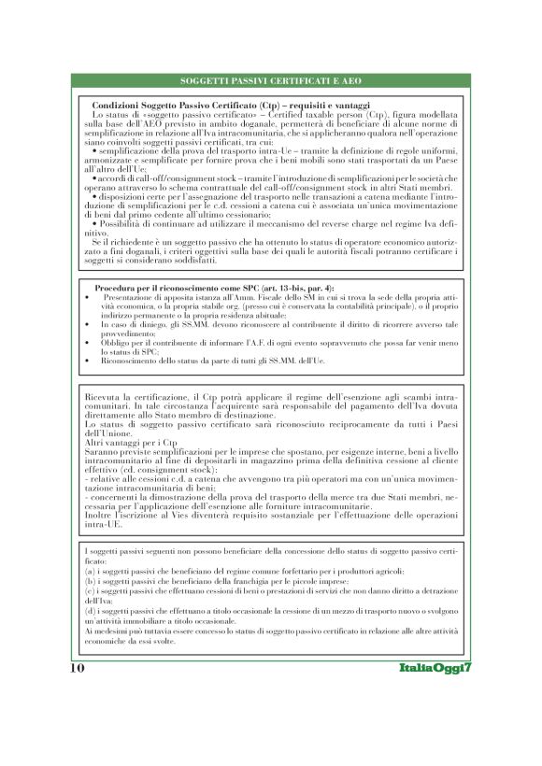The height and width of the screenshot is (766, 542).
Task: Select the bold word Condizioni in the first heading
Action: tap(121, 106)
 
